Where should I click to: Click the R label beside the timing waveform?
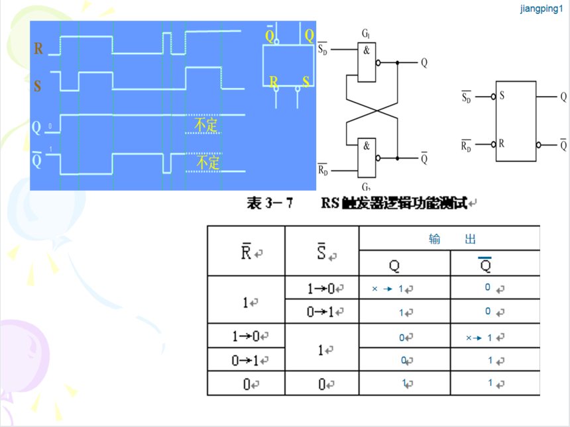[39, 48]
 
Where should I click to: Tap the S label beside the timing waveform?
[37, 85]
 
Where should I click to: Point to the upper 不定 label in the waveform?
[205, 124]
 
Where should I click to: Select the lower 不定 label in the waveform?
[207, 162]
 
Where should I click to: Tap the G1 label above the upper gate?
[366, 33]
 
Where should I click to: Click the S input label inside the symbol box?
[502, 96]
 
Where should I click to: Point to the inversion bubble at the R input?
[493, 144]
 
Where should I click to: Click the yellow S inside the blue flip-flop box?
[306, 81]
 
